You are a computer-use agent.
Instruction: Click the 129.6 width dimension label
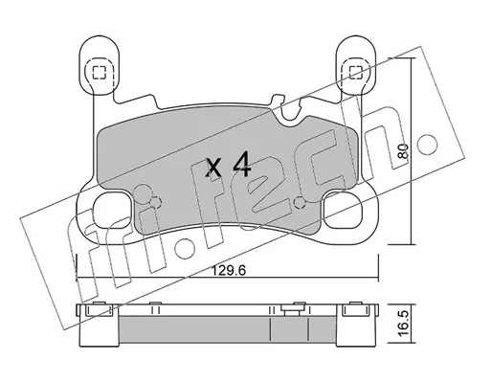(229, 271)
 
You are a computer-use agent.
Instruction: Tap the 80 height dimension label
(403, 151)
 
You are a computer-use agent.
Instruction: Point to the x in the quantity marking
(213, 169)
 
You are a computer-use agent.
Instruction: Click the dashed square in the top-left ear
(99, 73)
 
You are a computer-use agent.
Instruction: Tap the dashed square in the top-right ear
(355, 73)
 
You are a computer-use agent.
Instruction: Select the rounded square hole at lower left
(113, 211)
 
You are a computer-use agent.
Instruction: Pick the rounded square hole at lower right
(342, 211)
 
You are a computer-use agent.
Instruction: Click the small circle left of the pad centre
(155, 202)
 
